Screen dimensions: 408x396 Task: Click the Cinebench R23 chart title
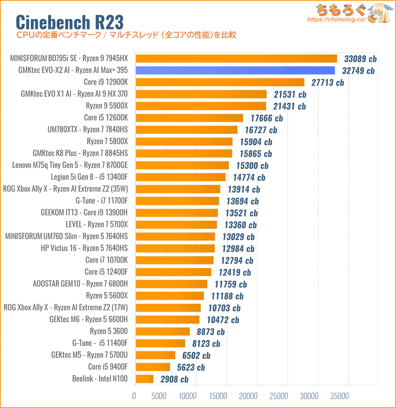(70, 22)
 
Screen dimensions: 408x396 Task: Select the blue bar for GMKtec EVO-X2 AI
(235, 70)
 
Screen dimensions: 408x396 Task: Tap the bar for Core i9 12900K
(220, 82)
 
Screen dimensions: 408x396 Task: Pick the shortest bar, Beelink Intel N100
(144, 379)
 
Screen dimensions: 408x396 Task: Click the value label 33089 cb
(361, 58)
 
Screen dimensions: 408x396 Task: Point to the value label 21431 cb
(289, 106)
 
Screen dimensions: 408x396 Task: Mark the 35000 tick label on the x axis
(339, 396)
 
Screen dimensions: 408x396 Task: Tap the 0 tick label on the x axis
(134, 396)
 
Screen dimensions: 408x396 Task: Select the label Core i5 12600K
(106, 117)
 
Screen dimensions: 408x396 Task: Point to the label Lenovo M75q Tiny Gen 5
(70, 165)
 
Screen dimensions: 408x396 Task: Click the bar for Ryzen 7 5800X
(184, 142)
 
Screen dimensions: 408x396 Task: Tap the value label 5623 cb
(188, 367)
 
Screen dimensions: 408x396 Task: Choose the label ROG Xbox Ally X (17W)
(66, 307)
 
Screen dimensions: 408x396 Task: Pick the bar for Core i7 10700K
(175, 260)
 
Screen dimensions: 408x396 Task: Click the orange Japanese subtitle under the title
(126, 35)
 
